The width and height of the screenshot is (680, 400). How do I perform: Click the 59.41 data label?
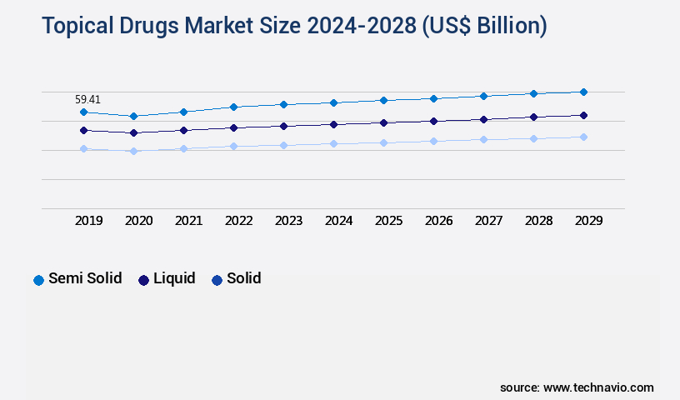point(87,99)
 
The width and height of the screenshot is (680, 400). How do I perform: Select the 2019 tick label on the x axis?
point(88,221)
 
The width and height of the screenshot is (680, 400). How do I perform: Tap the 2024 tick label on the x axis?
point(338,221)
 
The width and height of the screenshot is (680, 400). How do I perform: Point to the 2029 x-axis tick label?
point(588,221)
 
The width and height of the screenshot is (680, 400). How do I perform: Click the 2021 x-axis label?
point(188,221)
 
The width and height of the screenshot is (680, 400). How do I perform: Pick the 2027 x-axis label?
point(488,221)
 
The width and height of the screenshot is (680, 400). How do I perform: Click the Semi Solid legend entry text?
point(85,278)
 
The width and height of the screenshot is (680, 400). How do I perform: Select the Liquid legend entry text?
point(174,278)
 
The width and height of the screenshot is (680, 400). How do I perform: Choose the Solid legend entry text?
point(243,278)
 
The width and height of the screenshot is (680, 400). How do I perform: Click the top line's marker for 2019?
point(83,112)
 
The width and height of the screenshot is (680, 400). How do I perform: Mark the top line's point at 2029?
point(583,92)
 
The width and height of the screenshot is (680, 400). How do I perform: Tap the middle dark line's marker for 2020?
point(133,132)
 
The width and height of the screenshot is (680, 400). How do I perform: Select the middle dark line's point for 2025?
point(383,122)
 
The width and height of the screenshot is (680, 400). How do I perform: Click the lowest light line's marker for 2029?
point(583,137)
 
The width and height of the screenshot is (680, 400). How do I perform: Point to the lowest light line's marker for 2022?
point(233,146)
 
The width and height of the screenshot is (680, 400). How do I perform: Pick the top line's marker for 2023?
point(283,104)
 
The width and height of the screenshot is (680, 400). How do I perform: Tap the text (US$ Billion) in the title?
point(484,27)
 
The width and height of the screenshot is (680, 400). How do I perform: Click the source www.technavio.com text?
point(577,387)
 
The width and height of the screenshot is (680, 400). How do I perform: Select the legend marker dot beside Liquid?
point(143,280)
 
